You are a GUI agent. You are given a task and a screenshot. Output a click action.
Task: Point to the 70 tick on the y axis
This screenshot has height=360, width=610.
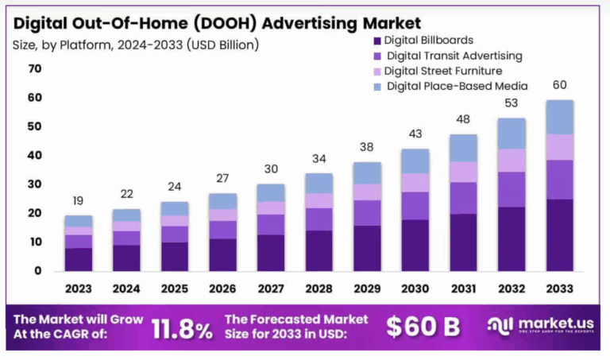point(34,69)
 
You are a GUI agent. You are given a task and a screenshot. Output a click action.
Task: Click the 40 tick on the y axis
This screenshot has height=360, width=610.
point(34,156)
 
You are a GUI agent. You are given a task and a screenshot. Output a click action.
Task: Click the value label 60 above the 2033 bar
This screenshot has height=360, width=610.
point(559,86)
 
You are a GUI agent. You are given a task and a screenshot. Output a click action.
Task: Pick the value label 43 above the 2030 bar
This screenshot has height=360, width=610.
point(415,135)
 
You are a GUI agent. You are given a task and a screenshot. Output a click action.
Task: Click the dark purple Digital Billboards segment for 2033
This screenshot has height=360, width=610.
point(559,234)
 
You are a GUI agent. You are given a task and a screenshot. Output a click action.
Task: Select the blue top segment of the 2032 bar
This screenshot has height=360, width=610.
point(511,133)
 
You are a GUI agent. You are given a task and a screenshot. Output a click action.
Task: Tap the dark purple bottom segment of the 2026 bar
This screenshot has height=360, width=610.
point(222,254)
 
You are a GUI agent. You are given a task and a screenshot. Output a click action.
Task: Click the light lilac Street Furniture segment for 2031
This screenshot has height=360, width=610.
point(463,172)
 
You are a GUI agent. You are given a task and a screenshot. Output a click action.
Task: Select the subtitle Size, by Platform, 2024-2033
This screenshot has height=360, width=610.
point(135,45)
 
